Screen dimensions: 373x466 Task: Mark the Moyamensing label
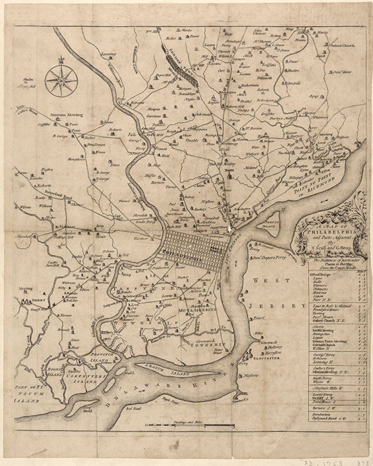(197, 310)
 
